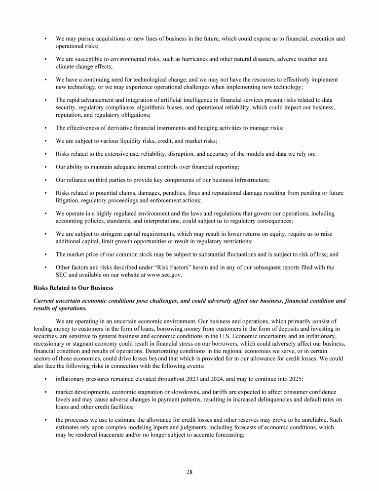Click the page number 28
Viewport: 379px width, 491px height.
(x=189, y=471)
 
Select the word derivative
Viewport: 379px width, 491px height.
(x=113, y=128)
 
